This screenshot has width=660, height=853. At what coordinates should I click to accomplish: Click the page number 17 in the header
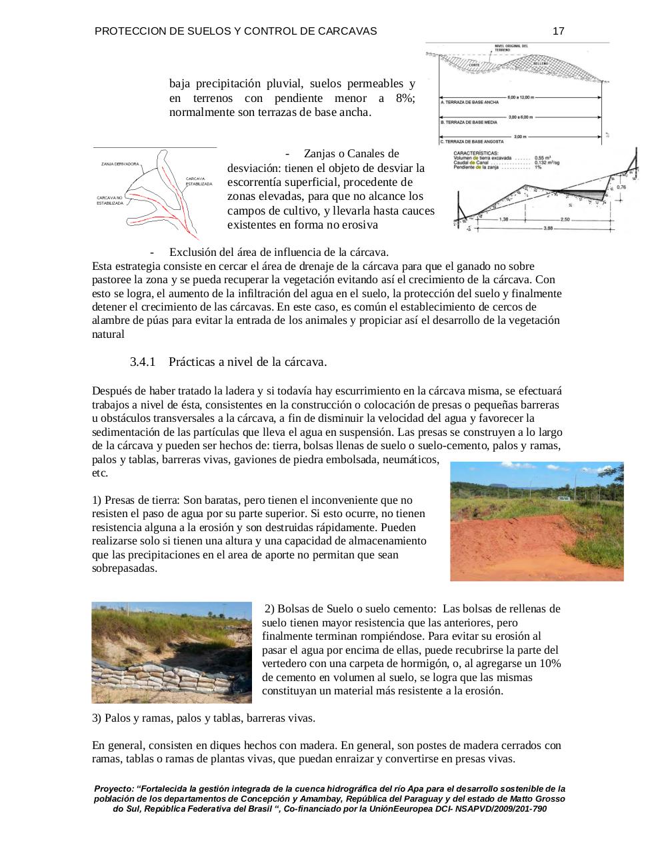point(559,31)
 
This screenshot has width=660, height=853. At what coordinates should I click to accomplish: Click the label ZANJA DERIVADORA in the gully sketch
point(120,164)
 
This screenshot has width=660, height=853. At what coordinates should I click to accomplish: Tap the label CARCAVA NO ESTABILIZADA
point(110,201)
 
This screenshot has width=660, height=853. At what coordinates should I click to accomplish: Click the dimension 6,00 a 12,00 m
point(521,97)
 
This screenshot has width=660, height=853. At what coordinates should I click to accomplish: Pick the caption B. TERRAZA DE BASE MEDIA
point(469,123)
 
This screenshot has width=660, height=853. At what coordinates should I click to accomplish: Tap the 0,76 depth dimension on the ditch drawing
point(621,187)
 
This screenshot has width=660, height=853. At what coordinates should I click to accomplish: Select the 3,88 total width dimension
point(548,229)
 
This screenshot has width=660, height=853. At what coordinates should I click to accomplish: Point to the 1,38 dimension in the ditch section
point(504,219)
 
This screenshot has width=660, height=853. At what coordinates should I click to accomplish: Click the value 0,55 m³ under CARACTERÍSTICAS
point(543,157)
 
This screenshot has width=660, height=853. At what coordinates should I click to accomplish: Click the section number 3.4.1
point(142,362)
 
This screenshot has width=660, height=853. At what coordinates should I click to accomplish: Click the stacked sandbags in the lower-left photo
point(167,680)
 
